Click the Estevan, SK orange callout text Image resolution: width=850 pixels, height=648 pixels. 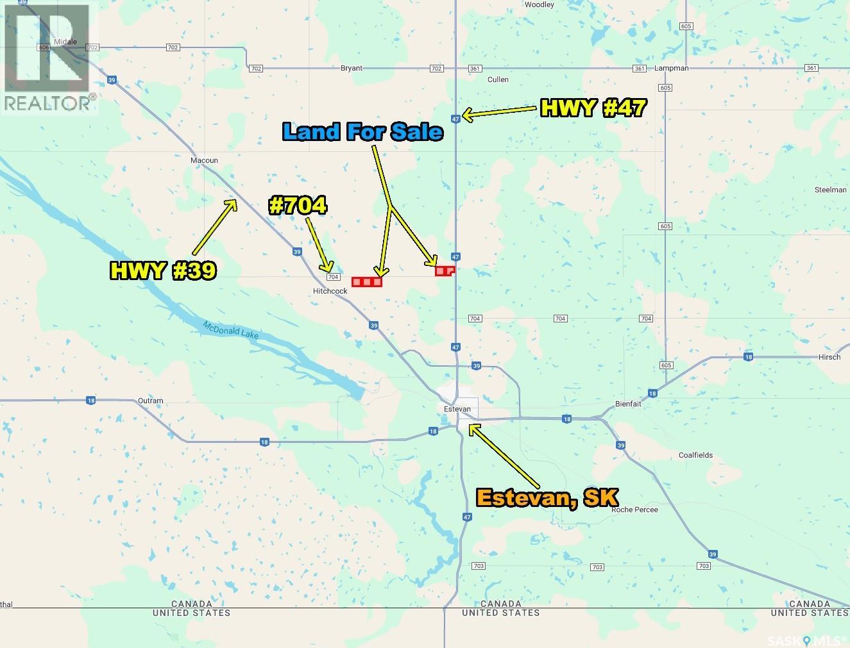click(x=547, y=498)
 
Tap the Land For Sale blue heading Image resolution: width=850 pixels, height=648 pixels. click(x=362, y=131)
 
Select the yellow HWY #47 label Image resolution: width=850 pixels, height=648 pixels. click(x=592, y=108)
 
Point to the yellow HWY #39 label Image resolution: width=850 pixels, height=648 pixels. click(x=163, y=270)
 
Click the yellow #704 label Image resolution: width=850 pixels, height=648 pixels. click(x=298, y=206)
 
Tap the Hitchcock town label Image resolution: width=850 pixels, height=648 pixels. click(x=330, y=291)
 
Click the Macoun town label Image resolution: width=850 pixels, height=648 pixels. click(x=204, y=160)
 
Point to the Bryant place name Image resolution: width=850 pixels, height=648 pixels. click(x=352, y=68)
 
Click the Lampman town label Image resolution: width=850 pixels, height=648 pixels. click(x=672, y=68)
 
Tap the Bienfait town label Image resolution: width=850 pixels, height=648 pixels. click(x=628, y=404)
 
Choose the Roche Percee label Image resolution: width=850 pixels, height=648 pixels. click(x=634, y=510)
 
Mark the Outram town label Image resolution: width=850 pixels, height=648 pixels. click(x=150, y=401)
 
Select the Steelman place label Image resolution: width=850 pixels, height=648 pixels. click(x=830, y=190)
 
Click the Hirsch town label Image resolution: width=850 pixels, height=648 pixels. click(x=829, y=357)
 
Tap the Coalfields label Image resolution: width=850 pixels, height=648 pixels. click(x=695, y=455)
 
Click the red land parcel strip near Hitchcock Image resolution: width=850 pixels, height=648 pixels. click(x=367, y=281)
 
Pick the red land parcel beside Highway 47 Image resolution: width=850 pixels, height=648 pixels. click(x=444, y=271)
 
